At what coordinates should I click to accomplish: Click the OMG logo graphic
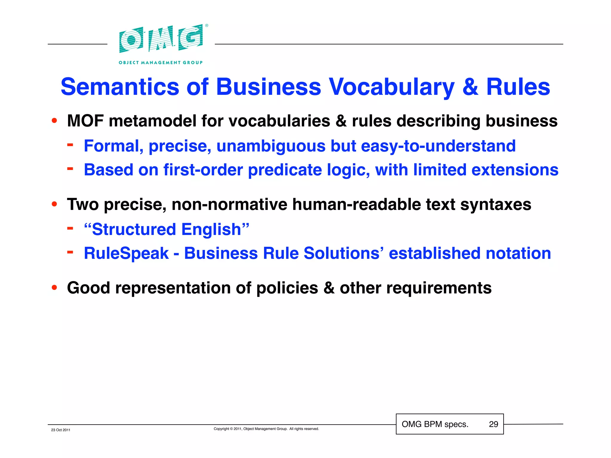[161, 39]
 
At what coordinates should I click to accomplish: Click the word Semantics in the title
[120, 87]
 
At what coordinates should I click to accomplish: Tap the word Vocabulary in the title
[391, 87]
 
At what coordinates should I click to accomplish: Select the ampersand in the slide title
[470, 87]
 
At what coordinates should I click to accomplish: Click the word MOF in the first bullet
[85, 121]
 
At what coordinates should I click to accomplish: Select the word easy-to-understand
[438, 146]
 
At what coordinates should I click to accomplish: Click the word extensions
[515, 170]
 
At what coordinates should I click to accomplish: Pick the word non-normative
[229, 205]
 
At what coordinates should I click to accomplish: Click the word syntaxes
[496, 205]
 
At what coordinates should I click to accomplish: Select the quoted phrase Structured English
[166, 230]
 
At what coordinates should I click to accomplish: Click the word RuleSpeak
[126, 253]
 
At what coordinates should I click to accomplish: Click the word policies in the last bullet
[287, 288]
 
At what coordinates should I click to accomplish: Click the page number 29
[493, 424]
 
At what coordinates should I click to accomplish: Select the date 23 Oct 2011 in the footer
[61, 430]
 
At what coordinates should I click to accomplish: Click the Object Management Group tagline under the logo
[161, 63]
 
